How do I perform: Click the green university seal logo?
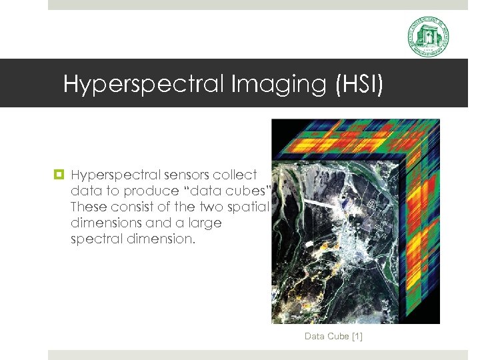428,37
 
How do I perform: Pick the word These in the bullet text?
88,207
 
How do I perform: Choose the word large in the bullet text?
204,223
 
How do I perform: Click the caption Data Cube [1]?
333,337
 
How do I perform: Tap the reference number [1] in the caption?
356,337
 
